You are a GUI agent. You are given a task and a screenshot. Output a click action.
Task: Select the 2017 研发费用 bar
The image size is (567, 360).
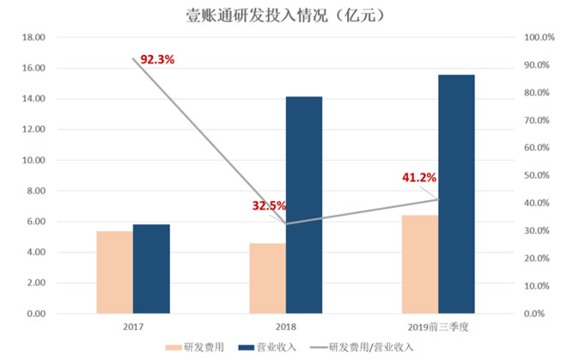(114, 272)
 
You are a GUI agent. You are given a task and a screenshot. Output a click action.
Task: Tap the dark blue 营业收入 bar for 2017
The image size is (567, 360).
(151, 269)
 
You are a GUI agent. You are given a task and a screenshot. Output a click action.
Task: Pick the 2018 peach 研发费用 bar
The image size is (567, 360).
(267, 278)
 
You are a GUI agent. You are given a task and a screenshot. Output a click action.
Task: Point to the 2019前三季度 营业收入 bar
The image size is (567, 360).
(456, 194)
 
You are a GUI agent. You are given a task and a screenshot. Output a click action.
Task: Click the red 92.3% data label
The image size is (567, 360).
(157, 60)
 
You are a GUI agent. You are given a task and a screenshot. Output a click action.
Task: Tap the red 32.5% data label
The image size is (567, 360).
(269, 206)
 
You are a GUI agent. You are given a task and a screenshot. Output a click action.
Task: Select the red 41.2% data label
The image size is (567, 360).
(419, 178)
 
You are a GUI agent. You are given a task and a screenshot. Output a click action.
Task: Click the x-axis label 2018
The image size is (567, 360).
(285, 327)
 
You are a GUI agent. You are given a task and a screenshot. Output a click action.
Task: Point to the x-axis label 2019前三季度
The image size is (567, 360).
(438, 327)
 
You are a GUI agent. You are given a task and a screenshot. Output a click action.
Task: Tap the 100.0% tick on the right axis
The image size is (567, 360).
(540, 38)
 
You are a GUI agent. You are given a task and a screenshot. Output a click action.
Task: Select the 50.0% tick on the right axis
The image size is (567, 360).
(540, 175)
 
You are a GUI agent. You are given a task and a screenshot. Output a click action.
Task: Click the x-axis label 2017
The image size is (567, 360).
(132, 327)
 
